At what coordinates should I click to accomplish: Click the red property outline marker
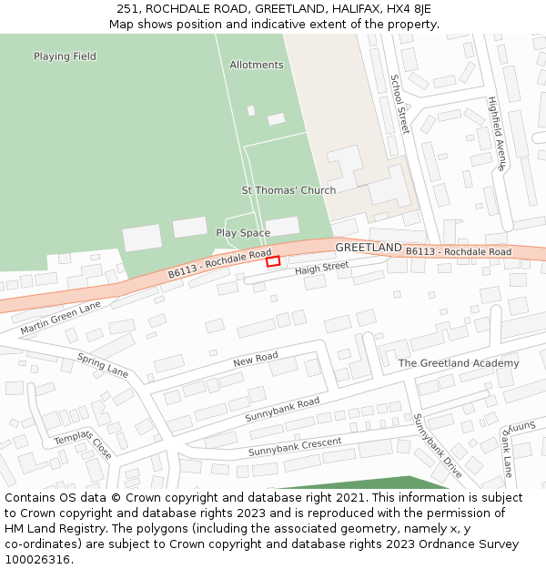tap(273, 261)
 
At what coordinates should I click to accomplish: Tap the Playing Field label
tap(65, 56)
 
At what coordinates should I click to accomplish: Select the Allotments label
tap(257, 66)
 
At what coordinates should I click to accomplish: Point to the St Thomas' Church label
tap(288, 190)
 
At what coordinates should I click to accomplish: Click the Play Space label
tap(243, 233)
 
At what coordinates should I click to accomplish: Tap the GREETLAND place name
tap(369, 248)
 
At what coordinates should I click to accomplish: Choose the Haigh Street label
tap(321, 268)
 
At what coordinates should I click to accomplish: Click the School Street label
tap(399, 104)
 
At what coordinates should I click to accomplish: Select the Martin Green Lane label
tap(60, 318)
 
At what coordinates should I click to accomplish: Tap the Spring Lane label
tap(103, 365)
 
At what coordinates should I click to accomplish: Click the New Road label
tap(255, 360)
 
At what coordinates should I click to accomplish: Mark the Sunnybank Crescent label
tap(295, 447)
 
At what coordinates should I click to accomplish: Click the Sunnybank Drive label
tap(438, 445)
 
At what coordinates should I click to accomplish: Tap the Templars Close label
tap(83, 443)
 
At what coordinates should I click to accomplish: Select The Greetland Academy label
tap(459, 363)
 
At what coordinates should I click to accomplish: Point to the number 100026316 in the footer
tap(37, 560)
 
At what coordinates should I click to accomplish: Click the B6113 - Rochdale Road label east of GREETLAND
tap(459, 251)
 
